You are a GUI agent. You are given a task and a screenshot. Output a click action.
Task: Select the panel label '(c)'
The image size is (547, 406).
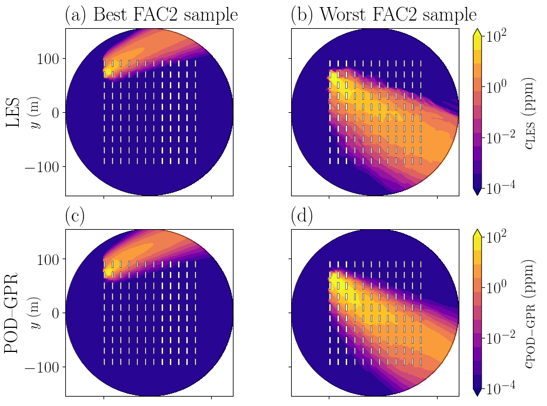point(75,216)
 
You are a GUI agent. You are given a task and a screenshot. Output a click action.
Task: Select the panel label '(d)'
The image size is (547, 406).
point(301,216)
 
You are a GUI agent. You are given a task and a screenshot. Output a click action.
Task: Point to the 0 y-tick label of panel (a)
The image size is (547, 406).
point(54,112)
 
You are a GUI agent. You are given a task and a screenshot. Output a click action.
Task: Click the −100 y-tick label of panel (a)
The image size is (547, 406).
point(41,167)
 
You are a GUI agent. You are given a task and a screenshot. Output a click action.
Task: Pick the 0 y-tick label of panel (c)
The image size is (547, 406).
point(54,313)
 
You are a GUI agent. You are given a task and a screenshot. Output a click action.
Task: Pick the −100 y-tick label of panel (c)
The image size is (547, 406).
point(41,367)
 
